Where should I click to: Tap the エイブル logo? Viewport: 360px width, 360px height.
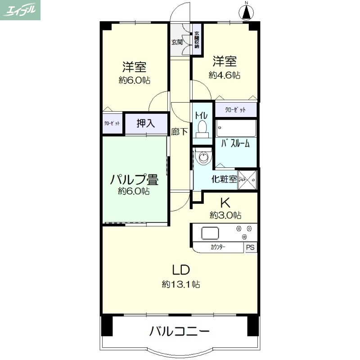21,10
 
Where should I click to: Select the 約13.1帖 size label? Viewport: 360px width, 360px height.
181,284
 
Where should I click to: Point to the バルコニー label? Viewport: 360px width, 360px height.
180,333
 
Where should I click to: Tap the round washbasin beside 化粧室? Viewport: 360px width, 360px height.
205,157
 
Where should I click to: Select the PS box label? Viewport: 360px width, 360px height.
251,247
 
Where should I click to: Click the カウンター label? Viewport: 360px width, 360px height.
218,247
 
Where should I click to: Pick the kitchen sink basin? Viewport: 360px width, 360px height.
210,233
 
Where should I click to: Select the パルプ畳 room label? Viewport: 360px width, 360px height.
134,180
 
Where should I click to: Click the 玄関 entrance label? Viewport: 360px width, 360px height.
177,42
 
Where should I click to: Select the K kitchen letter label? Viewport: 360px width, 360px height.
225,202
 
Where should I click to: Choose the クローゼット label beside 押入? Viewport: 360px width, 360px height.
112,123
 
